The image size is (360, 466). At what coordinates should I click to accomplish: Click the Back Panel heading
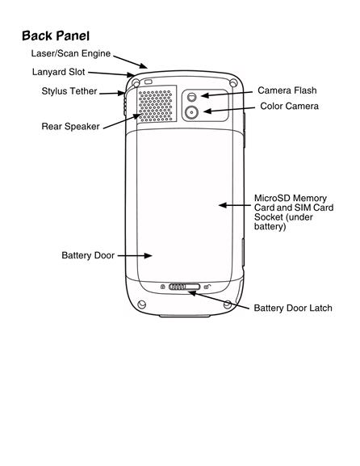[56, 36]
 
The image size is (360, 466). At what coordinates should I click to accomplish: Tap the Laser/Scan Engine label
[71, 53]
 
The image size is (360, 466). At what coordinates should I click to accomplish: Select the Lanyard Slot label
[58, 72]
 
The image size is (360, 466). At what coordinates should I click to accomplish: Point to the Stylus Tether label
[69, 91]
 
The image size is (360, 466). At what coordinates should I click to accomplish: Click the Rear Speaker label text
[70, 126]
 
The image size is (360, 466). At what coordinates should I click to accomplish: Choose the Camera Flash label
[287, 90]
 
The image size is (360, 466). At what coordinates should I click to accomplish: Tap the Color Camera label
[289, 106]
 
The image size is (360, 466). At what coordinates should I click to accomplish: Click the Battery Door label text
[88, 255]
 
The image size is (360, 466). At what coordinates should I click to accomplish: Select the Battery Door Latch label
[293, 308]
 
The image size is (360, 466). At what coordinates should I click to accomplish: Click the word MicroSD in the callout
[272, 198]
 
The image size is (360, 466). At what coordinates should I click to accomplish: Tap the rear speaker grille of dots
[155, 106]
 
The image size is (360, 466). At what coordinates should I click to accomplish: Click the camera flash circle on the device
[191, 97]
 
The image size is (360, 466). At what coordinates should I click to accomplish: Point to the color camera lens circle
[191, 112]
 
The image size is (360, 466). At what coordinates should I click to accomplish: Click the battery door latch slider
[185, 287]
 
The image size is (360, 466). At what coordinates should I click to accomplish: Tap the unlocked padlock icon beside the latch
[207, 287]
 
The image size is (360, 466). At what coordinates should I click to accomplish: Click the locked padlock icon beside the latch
[162, 287]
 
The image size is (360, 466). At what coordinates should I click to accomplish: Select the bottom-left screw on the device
[142, 304]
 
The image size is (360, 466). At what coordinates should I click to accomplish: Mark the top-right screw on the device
[233, 83]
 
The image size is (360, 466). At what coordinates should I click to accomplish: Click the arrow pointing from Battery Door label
[135, 255]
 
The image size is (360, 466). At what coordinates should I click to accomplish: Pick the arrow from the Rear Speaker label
[122, 121]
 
